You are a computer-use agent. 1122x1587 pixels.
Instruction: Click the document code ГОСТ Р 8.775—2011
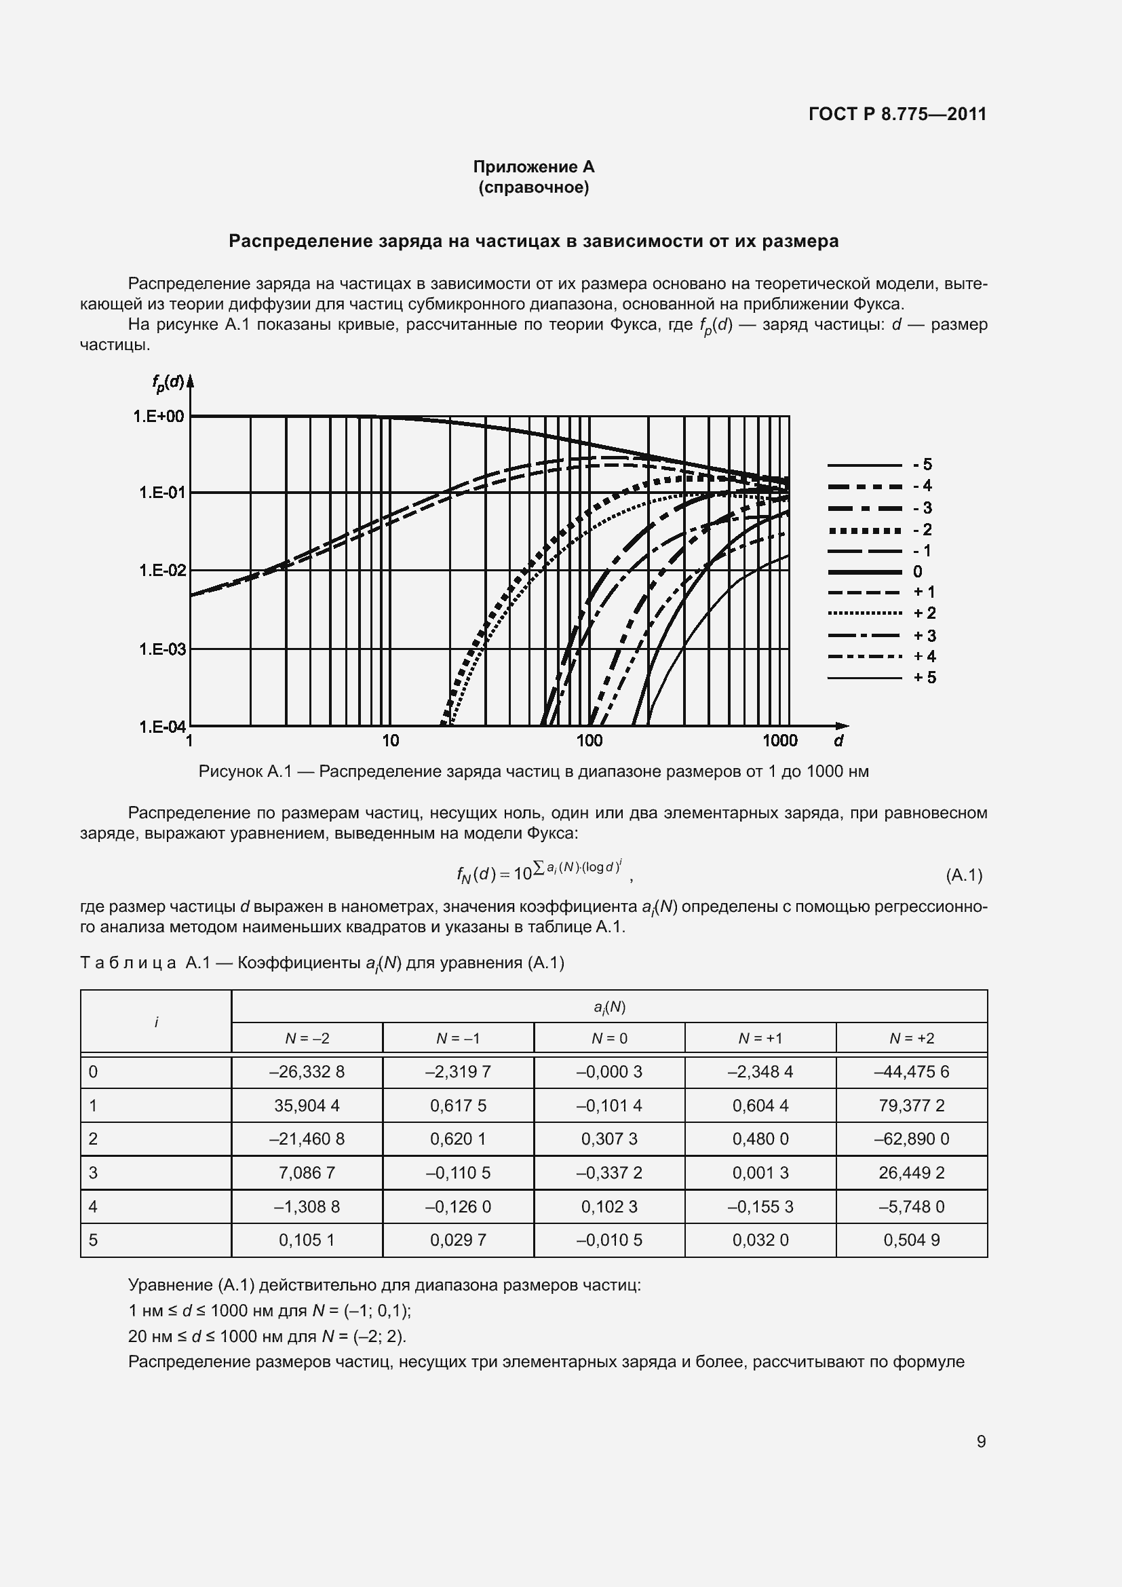[897, 114]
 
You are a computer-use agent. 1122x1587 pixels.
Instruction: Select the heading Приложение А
[533, 167]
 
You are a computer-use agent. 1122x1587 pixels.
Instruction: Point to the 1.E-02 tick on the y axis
[162, 570]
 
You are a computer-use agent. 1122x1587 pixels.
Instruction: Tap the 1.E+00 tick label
[159, 416]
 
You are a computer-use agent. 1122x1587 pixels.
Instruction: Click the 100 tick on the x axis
[589, 741]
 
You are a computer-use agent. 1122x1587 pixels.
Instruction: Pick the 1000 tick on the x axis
[779, 741]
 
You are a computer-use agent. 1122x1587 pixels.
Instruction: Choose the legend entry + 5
[881, 678]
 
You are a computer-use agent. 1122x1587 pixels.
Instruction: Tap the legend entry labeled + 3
[881, 636]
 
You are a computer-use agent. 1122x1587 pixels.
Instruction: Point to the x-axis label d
[838, 742]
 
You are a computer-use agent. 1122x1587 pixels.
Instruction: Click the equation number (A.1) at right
[963, 875]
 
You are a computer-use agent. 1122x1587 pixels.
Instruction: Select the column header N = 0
[608, 1038]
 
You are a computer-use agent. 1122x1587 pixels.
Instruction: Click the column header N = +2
[911, 1038]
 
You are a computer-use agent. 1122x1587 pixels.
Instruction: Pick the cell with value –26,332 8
[307, 1072]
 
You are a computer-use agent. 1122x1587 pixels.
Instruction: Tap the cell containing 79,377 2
[911, 1106]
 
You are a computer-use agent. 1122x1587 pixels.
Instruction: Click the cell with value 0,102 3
[608, 1207]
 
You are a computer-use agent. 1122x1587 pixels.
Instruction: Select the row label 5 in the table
[93, 1240]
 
